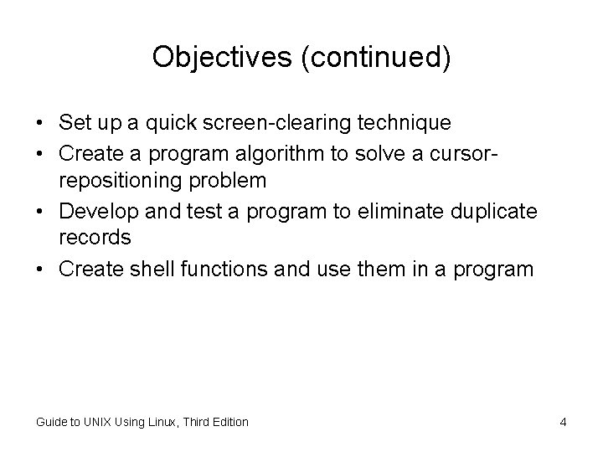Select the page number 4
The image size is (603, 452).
coord(563,422)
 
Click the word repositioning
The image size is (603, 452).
coord(117,181)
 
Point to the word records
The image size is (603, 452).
coord(95,238)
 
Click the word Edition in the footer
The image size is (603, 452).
coord(227,422)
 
